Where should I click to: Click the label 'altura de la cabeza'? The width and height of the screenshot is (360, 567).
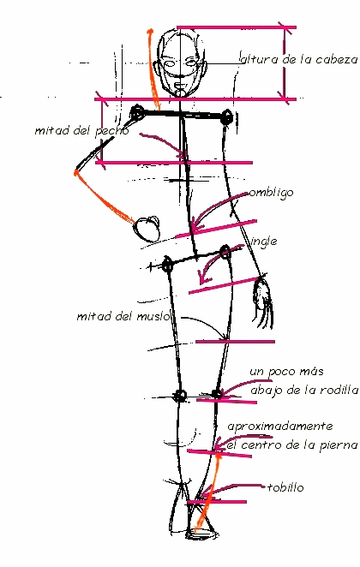[x=299, y=59]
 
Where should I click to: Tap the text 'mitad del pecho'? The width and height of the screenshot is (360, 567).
[x=81, y=130]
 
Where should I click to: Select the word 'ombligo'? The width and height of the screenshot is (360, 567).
[x=271, y=193]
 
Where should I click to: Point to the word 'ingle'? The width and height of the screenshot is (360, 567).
[x=264, y=242]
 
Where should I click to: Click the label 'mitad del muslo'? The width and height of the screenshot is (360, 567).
[x=123, y=317]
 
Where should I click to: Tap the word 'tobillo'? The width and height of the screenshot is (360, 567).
[x=285, y=488]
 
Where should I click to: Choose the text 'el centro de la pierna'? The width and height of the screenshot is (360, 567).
[x=292, y=445]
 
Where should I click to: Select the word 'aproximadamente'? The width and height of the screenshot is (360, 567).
[x=280, y=427]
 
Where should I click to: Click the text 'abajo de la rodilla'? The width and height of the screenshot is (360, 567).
[x=304, y=391]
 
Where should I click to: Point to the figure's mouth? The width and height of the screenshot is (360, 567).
[x=180, y=86]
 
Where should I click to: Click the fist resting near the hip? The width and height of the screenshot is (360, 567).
[x=147, y=229]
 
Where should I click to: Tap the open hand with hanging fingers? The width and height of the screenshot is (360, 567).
[x=264, y=303]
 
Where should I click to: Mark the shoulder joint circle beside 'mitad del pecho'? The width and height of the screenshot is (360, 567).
[x=137, y=112]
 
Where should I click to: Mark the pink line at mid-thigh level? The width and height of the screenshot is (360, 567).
[x=235, y=342]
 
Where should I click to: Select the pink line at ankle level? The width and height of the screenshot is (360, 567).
[x=217, y=502]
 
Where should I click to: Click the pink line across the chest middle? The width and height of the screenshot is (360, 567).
[x=174, y=163]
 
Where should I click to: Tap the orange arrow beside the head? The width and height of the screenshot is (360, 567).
[x=153, y=69]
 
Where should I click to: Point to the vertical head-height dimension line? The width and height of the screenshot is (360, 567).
[x=285, y=63]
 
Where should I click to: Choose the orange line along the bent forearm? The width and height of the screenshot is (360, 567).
[x=103, y=197]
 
